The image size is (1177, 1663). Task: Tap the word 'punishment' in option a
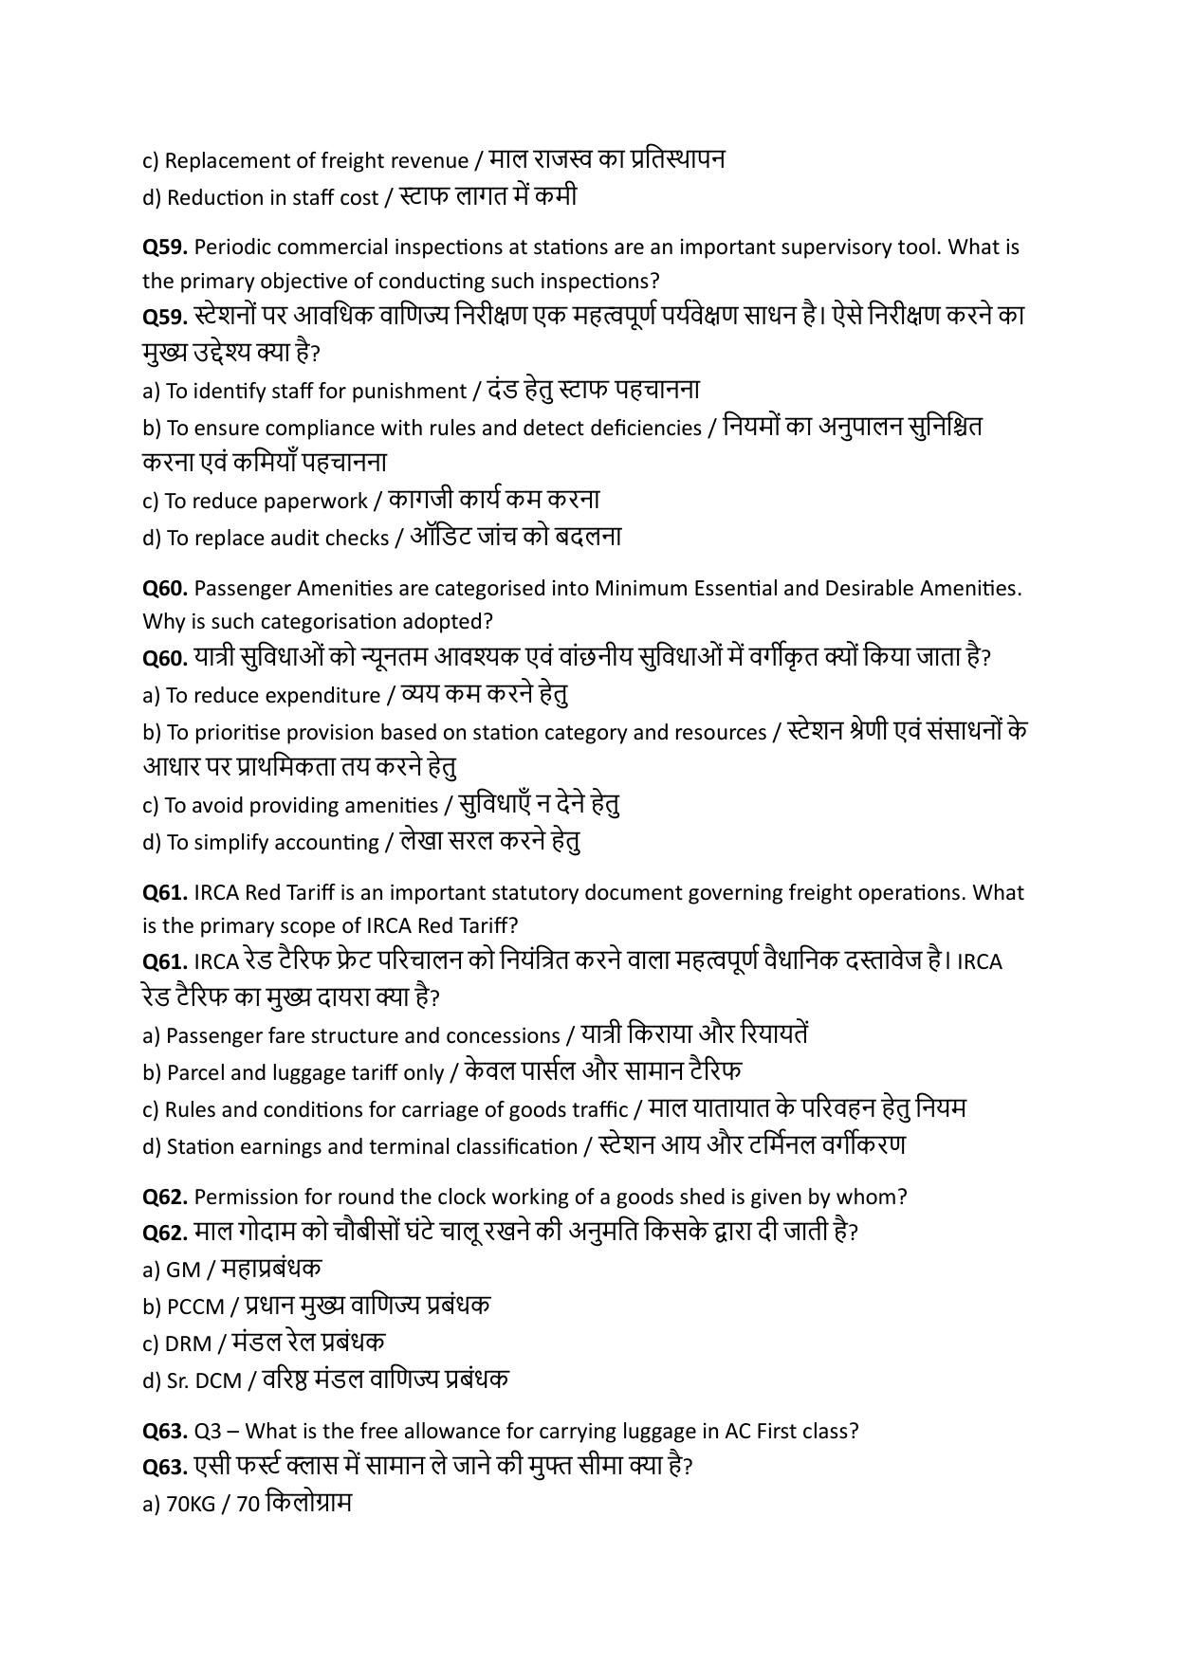pyautogui.click(x=415, y=392)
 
